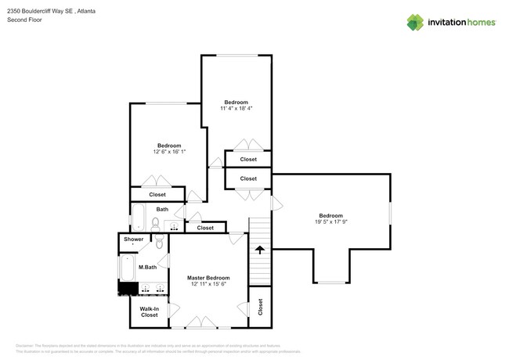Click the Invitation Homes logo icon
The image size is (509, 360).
pyautogui.click(x=416, y=22)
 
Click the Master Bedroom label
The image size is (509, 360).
pyautogui.click(x=208, y=278)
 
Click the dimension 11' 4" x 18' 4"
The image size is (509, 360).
pyautogui.click(x=236, y=109)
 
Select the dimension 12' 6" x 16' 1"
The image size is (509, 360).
pyautogui.click(x=169, y=152)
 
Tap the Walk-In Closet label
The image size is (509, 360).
pyautogui.click(x=149, y=311)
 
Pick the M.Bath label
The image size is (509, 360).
pyautogui.click(x=147, y=268)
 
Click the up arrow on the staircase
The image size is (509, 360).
pyautogui.click(x=259, y=251)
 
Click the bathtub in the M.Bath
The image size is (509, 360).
pyautogui.click(x=125, y=268)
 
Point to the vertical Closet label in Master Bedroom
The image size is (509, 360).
pyautogui.click(x=259, y=307)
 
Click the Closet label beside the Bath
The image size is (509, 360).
pyautogui.click(x=204, y=228)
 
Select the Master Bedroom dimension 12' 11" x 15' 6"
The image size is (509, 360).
pyautogui.click(x=208, y=285)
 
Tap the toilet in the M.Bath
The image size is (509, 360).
pyautogui.click(x=159, y=243)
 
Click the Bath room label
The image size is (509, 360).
pyautogui.click(x=162, y=209)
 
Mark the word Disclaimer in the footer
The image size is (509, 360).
pyautogui.click(x=25, y=345)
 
